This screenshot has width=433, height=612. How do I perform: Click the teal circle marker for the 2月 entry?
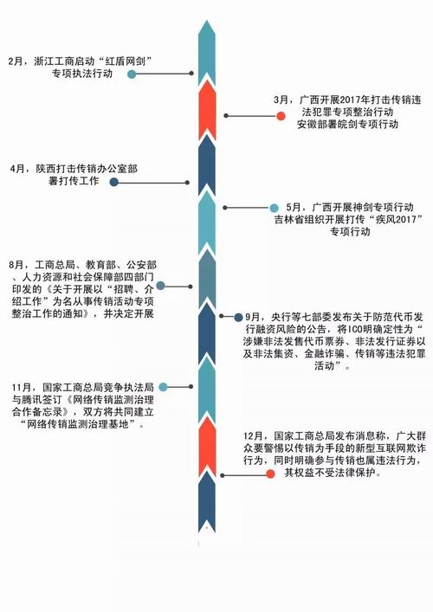132,74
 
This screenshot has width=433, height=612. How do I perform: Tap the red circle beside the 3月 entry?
281,116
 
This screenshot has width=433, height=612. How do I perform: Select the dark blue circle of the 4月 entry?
114,182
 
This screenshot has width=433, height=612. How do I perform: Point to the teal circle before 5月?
275,208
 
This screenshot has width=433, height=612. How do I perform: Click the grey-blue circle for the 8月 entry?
160,287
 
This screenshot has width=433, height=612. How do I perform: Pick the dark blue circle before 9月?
238,318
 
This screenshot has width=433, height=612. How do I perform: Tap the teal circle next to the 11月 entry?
163,387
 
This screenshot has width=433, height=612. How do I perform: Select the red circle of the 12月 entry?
270,474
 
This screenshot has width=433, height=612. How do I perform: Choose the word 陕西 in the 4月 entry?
46,169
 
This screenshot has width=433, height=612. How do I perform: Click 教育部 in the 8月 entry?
100,265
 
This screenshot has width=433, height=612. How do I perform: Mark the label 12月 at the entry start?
252,436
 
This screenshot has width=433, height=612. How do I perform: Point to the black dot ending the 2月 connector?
191,74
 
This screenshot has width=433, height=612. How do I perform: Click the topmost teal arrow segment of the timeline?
207,53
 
